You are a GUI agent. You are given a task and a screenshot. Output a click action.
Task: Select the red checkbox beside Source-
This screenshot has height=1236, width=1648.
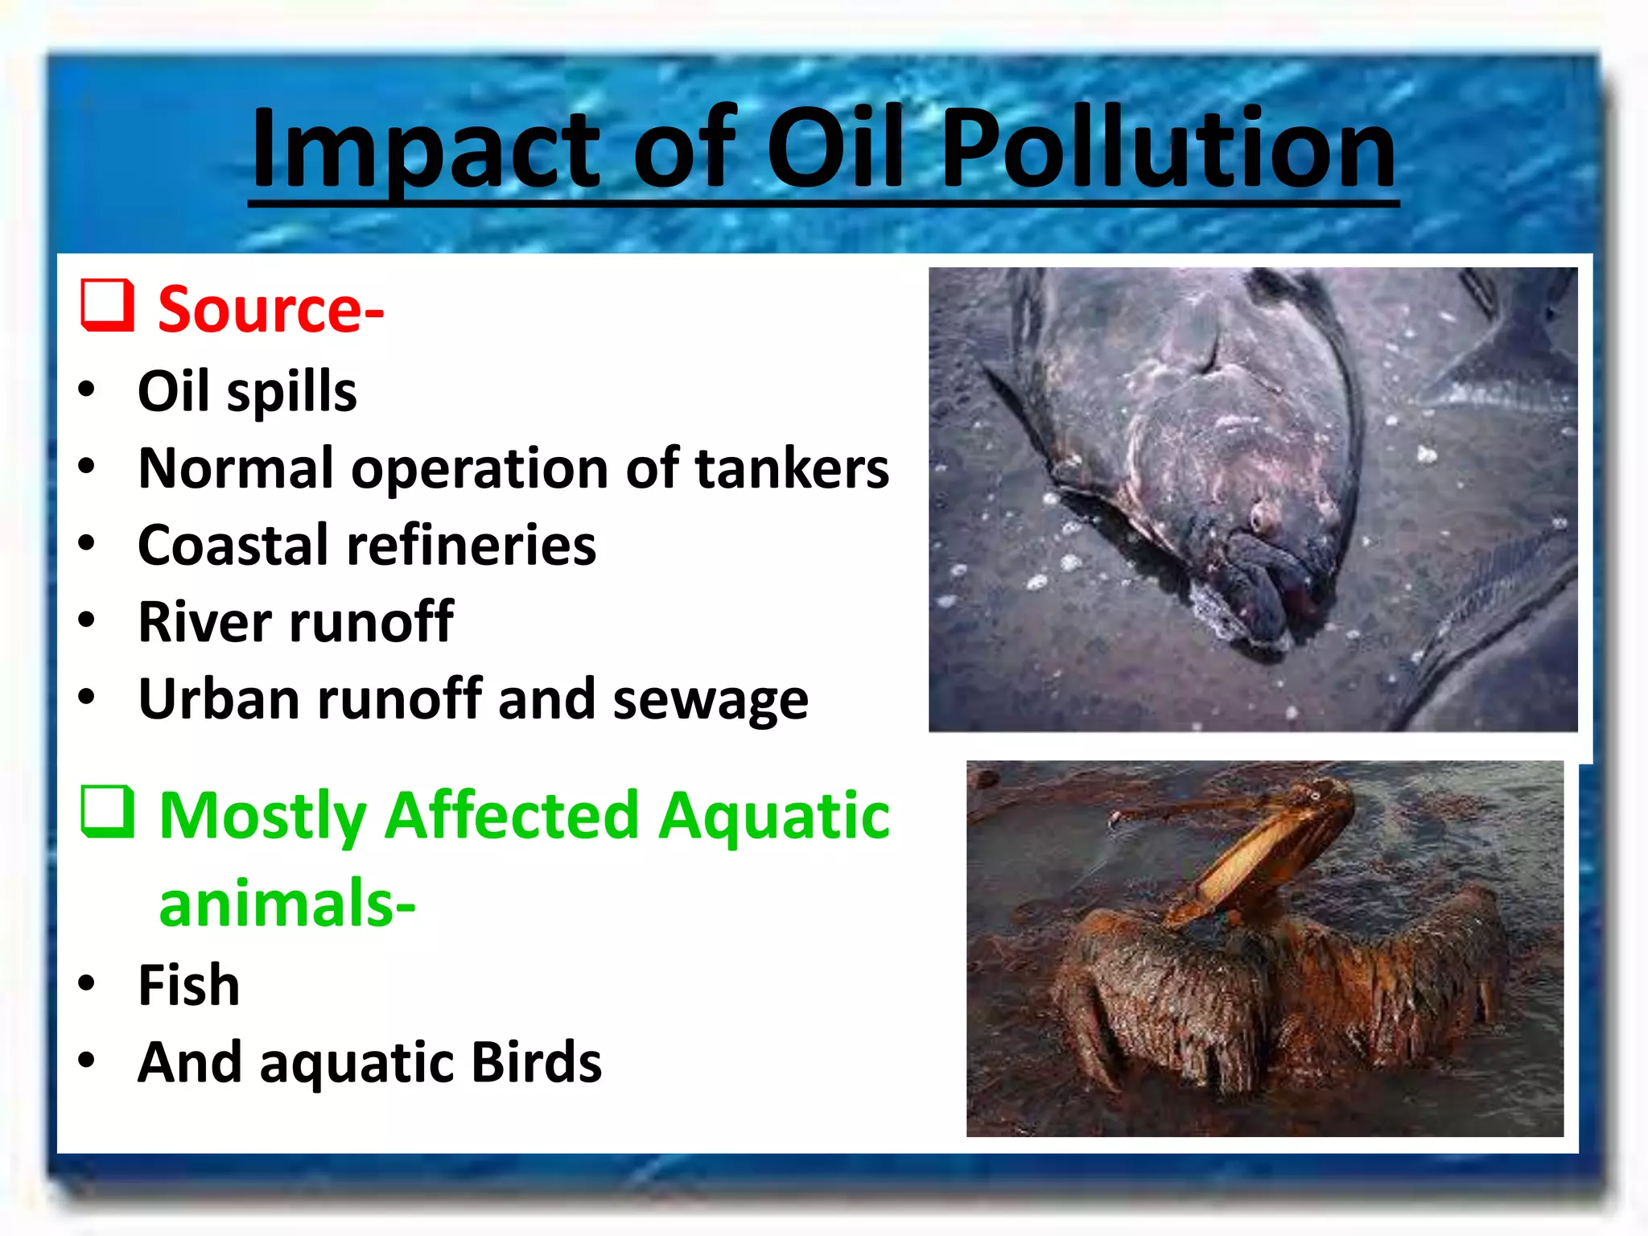(x=107, y=305)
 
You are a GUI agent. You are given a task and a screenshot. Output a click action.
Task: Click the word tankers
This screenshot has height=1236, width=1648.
(x=792, y=468)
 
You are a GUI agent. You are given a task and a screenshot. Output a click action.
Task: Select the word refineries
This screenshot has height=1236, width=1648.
(x=471, y=546)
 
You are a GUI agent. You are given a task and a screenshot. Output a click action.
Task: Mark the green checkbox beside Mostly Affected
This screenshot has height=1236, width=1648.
(x=107, y=812)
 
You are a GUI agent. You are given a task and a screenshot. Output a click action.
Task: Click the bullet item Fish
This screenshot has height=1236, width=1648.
(x=189, y=985)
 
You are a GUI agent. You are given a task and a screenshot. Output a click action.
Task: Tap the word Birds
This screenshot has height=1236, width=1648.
(x=535, y=1062)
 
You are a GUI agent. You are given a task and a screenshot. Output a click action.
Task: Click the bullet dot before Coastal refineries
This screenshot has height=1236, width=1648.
(x=87, y=543)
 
